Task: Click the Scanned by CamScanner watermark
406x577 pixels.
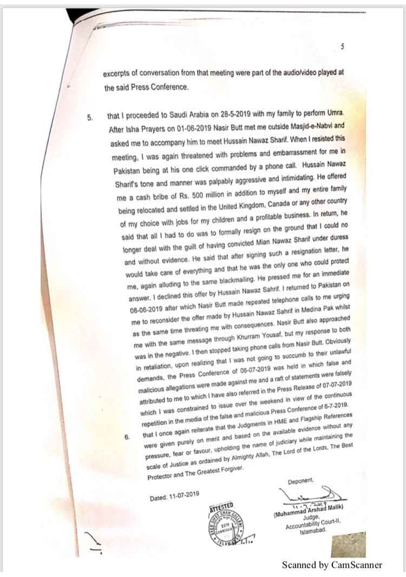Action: (332, 565)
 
